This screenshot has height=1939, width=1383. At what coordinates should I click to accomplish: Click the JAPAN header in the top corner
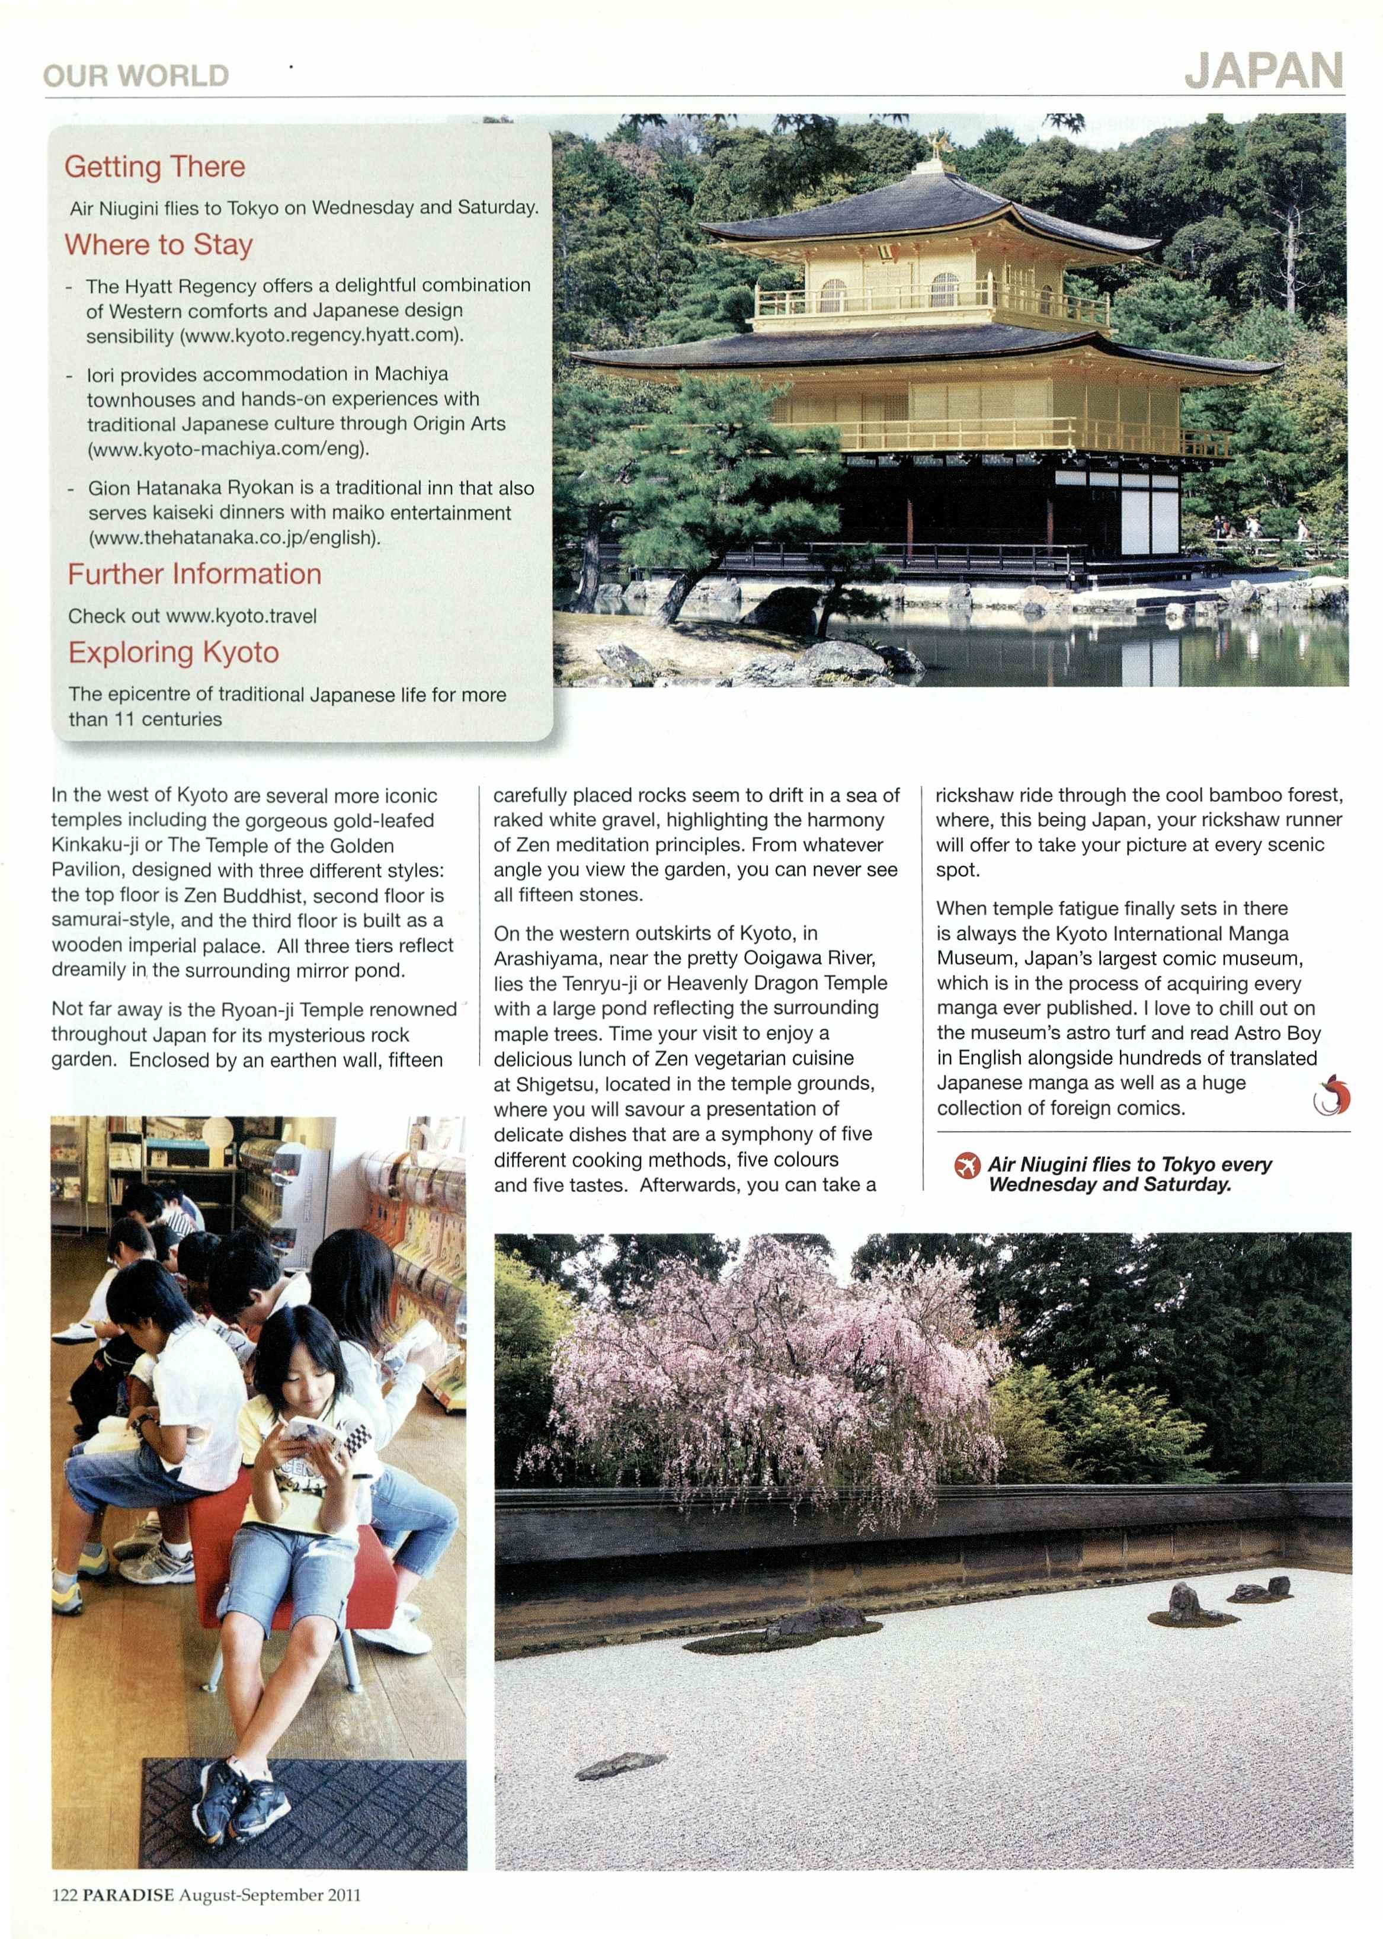tap(1264, 72)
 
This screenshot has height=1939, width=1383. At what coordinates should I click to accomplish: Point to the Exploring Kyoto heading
tap(174, 652)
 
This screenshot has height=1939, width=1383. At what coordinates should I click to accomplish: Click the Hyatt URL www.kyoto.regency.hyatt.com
tap(321, 335)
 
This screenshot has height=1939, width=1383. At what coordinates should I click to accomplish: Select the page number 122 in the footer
tap(65, 1895)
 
